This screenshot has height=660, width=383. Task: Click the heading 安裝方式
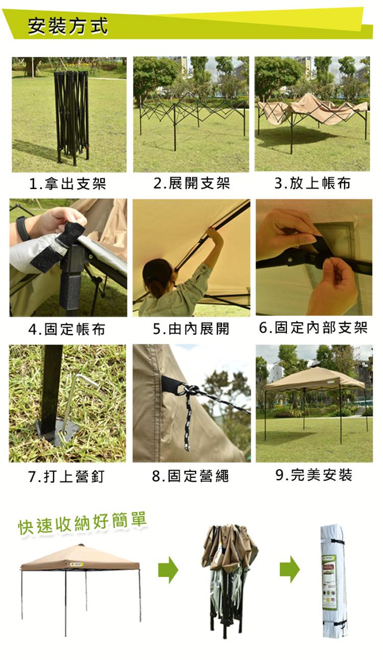coord(68,27)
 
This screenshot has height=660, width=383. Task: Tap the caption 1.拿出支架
coord(67,183)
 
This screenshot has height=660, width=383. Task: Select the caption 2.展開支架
coord(192,183)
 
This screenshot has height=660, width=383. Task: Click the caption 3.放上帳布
coord(313,183)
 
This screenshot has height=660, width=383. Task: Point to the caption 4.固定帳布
coord(67,329)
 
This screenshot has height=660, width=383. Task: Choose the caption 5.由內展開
coord(191,328)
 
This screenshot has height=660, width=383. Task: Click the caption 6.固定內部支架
coord(314,327)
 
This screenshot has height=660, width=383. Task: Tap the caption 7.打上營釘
coord(66,477)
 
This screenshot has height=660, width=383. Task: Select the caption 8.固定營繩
coord(190,476)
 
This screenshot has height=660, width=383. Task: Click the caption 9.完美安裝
coord(314,475)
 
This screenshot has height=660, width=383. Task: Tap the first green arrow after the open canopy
coord(168,570)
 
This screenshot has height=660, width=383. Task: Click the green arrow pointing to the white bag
coord(290,570)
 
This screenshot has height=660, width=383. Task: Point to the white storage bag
coord(333,578)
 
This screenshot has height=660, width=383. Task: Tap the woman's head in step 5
coord(158,276)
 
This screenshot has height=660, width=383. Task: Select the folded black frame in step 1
coord(71,116)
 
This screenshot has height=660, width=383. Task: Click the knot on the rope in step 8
coord(190,390)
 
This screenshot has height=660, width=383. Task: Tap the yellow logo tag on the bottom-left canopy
coord(77,564)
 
